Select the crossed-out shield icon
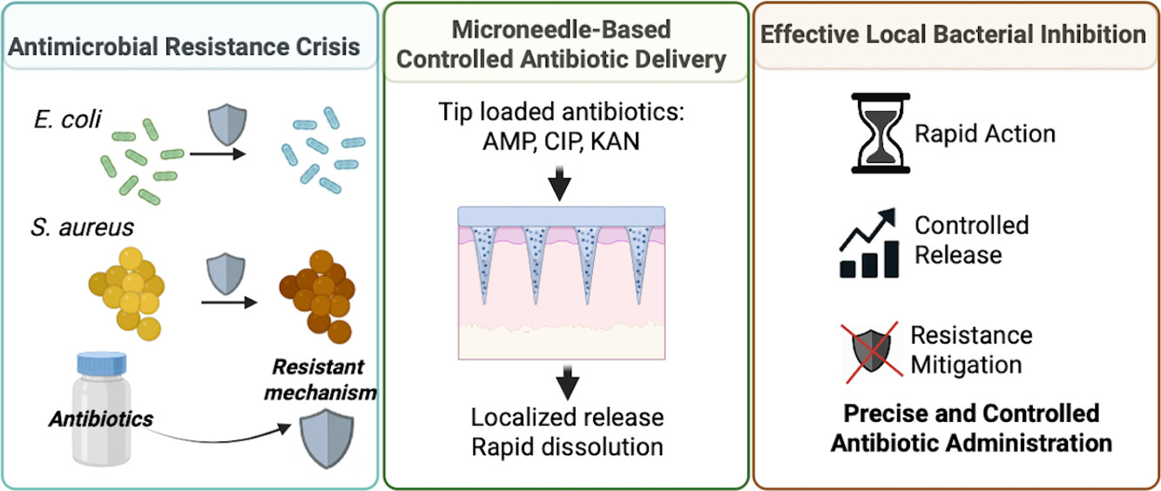point(874,351)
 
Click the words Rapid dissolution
point(566,447)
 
